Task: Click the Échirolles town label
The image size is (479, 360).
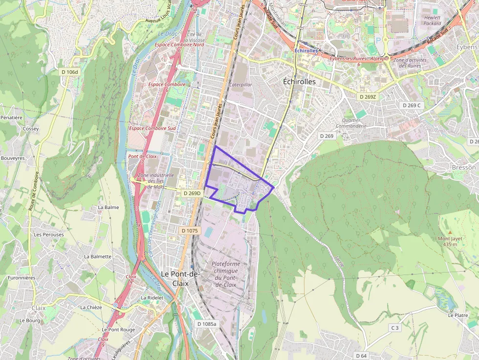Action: pos(299,82)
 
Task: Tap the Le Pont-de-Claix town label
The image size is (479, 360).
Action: pos(180,278)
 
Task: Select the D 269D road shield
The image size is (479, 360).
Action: pos(192,193)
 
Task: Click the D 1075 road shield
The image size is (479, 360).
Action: pos(189,231)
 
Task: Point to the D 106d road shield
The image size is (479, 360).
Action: pos(69,72)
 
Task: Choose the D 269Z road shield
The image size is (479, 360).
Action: pos(368,97)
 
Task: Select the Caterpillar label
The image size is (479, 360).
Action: pos(240,85)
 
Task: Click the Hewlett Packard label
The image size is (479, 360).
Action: pos(432,20)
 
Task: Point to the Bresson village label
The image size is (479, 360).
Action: pos(463,168)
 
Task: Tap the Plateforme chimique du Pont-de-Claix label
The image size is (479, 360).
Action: pos(225,274)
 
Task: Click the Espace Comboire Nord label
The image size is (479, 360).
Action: pos(179,45)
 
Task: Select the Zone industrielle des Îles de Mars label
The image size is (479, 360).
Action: pos(155,181)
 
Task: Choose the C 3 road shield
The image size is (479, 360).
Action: pos(394,328)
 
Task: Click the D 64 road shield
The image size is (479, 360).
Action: pos(361,356)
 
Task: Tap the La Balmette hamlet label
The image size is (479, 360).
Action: pos(98,256)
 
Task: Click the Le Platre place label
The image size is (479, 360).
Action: pos(458,316)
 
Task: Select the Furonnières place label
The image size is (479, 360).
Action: pos(21,278)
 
